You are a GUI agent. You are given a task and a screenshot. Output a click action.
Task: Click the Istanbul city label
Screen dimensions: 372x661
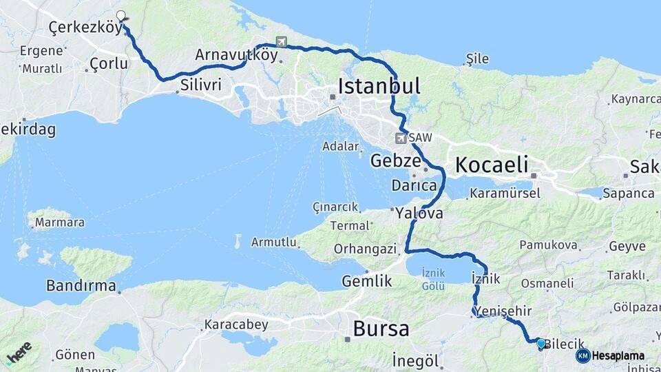coord(379,86)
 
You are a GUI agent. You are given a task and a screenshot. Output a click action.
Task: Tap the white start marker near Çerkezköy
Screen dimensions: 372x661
coord(121,15)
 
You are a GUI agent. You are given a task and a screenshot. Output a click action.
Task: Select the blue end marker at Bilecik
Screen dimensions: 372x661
coord(541,342)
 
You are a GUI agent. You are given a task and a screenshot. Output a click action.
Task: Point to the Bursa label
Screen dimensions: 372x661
coord(381,329)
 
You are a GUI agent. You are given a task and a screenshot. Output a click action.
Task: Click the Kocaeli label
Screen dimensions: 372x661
coord(491,165)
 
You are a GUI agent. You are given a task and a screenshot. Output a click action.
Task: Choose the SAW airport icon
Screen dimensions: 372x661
coord(401,138)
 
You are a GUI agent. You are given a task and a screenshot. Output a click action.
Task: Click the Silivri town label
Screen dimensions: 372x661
coord(200,85)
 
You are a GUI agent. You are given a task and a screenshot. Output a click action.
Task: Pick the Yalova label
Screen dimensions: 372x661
coord(419,214)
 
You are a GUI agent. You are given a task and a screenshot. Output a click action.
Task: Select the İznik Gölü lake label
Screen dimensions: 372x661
coord(433,279)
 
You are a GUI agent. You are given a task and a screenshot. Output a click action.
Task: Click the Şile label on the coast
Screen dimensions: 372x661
coord(477,59)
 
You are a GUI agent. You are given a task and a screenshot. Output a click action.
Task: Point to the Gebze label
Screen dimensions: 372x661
coord(395,161)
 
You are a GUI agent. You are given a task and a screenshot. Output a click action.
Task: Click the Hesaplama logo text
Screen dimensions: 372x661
coord(617,356)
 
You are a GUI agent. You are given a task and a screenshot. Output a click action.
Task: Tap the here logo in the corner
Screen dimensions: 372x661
coord(19,353)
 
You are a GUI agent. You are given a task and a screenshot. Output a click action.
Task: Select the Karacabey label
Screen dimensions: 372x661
coord(236,324)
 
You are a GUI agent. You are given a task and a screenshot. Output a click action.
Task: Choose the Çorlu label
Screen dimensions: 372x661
coord(109,63)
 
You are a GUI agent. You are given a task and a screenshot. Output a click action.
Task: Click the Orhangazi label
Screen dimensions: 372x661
coord(365,248)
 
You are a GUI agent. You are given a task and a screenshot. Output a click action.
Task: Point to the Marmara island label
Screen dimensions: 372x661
coord(59,223)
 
